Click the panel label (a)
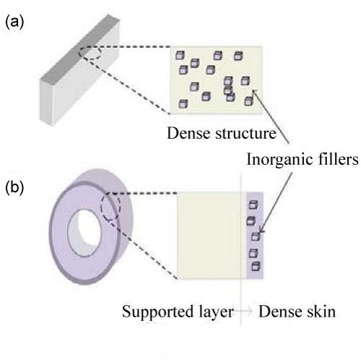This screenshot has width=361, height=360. click(x=14, y=22)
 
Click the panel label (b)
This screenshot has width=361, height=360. click(x=14, y=188)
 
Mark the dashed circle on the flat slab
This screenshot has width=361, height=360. click(x=90, y=53)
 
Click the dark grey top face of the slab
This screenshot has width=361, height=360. click(x=79, y=47)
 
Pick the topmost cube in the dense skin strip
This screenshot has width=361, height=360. click(x=253, y=205)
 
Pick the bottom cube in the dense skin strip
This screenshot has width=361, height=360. click(x=256, y=267)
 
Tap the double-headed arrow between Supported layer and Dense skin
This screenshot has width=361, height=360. click(x=243, y=311)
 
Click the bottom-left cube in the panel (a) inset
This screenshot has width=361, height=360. click(x=183, y=104)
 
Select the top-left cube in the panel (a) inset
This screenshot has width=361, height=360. click(x=180, y=55)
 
